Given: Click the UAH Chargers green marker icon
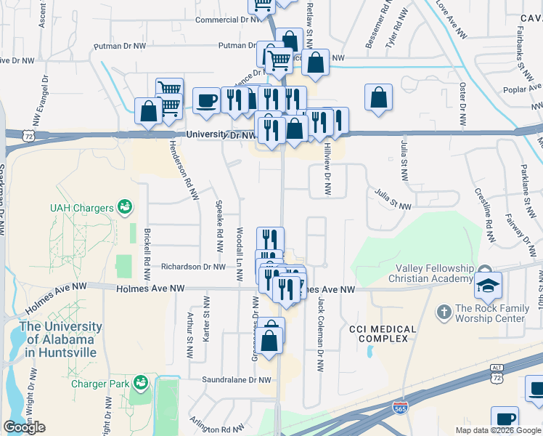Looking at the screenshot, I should (125, 208).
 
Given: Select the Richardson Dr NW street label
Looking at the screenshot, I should (193, 267).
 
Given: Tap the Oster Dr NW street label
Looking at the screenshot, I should (462, 102).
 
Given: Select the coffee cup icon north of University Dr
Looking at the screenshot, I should (206, 101).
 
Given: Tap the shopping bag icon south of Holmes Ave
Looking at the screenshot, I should (269, 341).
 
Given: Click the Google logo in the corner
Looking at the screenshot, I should (24, 427).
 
